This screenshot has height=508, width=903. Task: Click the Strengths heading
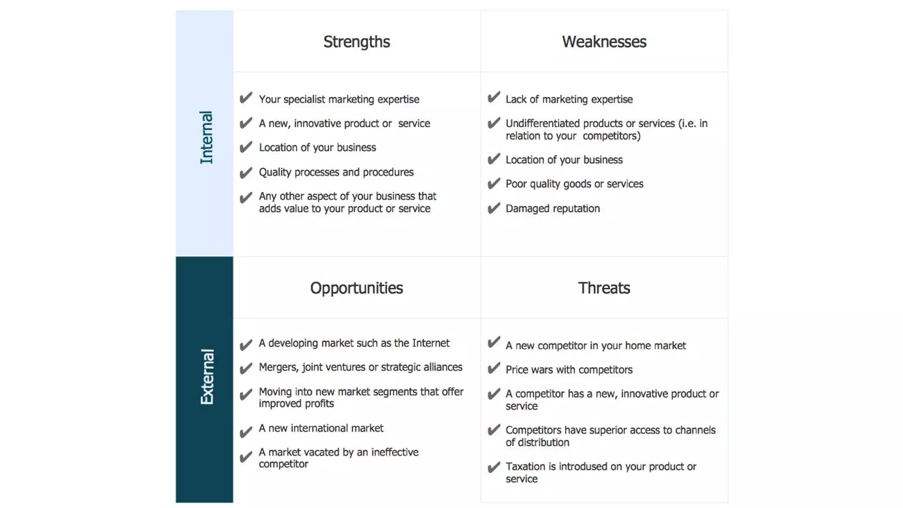click(x=356, y=42)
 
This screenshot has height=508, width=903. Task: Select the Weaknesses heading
click(x=604, y=42)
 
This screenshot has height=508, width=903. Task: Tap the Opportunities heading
click(x=356, y=288)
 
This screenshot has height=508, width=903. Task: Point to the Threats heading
click(x=604, y=288)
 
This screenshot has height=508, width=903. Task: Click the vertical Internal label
click(x=206, y=138)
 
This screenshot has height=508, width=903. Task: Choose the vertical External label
click(x=206, y=377)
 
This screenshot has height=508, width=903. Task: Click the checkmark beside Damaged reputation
click(x=494, y=208)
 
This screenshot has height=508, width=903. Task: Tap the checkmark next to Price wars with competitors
click(x=494, y=368)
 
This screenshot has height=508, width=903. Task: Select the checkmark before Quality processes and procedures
click(x=246, y=172)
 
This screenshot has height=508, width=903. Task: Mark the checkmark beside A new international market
click(x=246, y=431)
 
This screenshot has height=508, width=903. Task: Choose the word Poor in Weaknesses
click(x=516, y=184)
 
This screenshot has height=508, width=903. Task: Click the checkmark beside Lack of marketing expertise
click(x=494, y=97)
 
